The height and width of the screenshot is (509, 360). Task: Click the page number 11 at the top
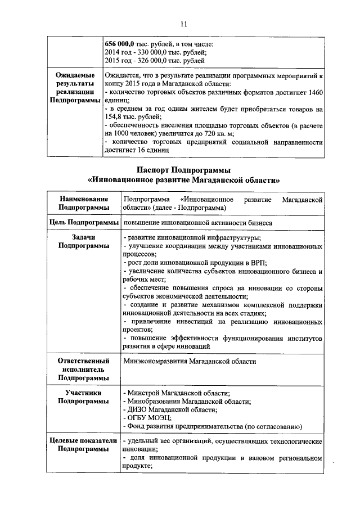[183, 24]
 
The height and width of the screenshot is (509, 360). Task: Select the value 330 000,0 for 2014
[154, 52]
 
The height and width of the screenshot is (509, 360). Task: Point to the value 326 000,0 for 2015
[154, 61]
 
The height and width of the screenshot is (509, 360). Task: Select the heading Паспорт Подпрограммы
[184, 170]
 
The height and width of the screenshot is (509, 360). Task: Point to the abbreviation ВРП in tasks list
[258, 263]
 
